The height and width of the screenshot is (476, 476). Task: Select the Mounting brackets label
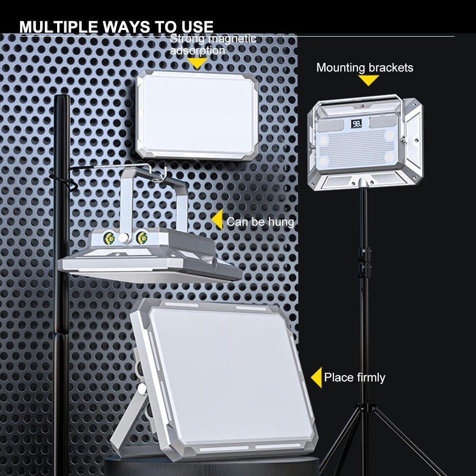(365, 68)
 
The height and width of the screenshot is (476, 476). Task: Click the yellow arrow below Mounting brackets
(368, 80)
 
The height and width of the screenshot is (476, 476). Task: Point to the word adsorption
(198, 50)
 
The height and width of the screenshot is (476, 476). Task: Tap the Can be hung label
(260, 222)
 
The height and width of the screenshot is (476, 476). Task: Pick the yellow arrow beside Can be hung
(218, 220)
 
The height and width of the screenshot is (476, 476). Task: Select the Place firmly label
(355, 377)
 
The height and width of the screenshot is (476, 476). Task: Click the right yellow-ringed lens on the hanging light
(141, 238)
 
